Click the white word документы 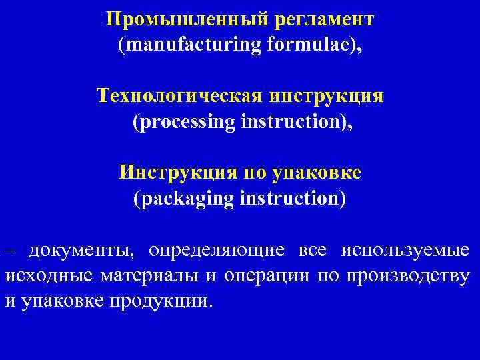click(80, 251)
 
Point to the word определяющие click(217, 251)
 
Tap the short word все click(313, 251)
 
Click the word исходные click(48, 276)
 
